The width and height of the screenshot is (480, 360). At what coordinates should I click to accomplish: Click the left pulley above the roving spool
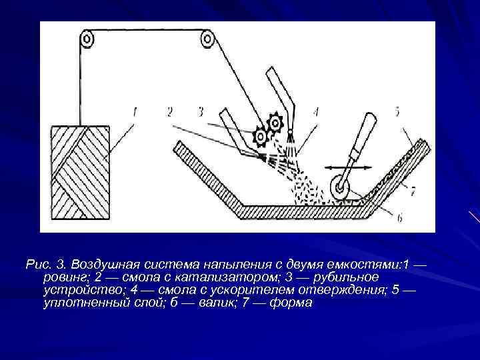pyautogui.click(x=87, y=40)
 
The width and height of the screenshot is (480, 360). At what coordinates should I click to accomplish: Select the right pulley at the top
pyautogui.click(x=207, y=40)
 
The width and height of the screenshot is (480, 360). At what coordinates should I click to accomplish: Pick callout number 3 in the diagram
pyautogui.click(x=200, y=113)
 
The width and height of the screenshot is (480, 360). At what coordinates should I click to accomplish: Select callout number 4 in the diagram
pyautogui.click(x=315, y=113)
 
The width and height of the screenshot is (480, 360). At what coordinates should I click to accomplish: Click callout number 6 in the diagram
pyautogui.click(x=399, y=217)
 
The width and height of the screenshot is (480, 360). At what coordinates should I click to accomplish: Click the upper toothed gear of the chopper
pyautogui.click(x=275, y=124)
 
